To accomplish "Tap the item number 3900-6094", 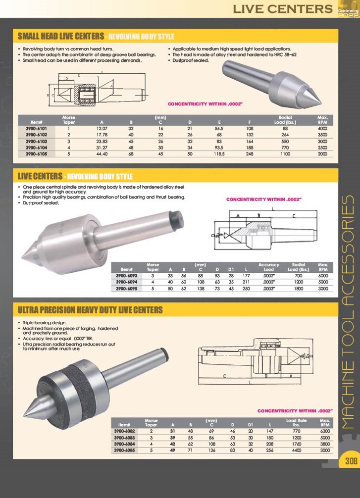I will pyautogui.click(x=127, y=282).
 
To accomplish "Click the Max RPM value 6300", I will pyautogui.click(x=325, y=431).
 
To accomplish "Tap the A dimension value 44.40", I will pyautogui.click(x=102, y=154).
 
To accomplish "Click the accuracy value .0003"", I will pyautogui.click(x=268, y=288).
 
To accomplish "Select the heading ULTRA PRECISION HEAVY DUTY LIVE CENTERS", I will pyautogui.click(x=90, y=310).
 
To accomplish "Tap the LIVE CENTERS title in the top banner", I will pyautogui.click(x=283, y=8).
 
